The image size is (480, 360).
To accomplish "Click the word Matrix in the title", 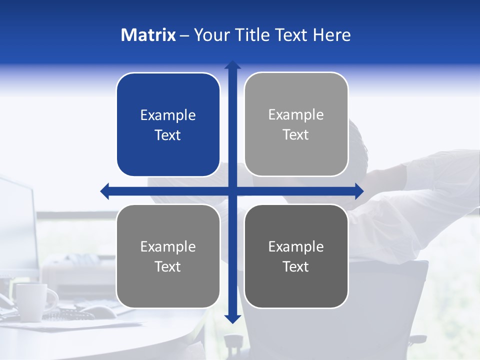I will (148, 35).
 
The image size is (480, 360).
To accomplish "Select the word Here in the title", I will (331, 35).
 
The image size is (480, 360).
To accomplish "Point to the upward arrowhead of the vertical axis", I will (232, 65).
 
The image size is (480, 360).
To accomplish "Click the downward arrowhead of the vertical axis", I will (232, 318).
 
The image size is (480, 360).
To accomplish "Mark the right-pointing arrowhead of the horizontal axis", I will (358, 191).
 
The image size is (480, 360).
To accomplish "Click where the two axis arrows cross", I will (232, 191).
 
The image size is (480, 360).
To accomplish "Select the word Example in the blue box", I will (168, 115).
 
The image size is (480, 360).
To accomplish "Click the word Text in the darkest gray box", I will (296, 267).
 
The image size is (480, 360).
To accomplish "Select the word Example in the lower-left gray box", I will (168, 247).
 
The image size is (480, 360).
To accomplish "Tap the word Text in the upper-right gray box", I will (296, 135).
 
